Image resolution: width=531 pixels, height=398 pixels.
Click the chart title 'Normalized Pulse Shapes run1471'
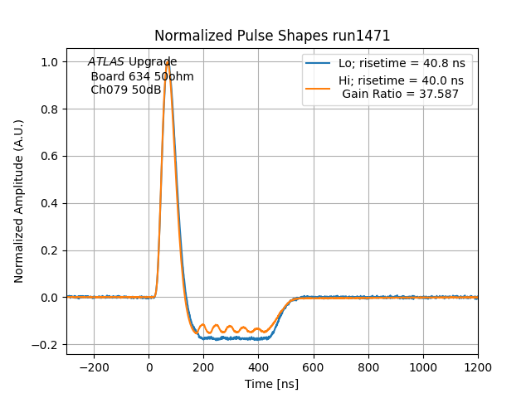[272, 36]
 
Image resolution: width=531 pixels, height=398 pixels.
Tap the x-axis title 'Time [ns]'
[271, 384]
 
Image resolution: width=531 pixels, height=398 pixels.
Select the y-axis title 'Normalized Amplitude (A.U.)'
[19, 201]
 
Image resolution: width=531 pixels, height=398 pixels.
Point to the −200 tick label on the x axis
[94, 366]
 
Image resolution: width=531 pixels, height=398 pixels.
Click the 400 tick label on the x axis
[258, 366]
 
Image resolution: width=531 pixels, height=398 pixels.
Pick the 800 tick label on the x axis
[368, 366]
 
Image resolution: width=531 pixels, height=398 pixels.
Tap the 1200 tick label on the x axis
[477, 366]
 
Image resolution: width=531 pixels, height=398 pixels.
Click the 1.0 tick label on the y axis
[50, 62]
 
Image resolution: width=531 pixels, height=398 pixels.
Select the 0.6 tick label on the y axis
[50, 156]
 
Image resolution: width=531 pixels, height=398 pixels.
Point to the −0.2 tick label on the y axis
[46, 344]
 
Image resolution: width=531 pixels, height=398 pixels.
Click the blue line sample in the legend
[318, 64]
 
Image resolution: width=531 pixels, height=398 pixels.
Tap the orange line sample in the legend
[318, 87]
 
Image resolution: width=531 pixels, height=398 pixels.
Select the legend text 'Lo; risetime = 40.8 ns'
[401, 64]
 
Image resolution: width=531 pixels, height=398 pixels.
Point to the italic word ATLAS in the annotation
[106, 62]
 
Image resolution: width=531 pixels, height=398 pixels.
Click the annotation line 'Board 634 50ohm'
[142, 76]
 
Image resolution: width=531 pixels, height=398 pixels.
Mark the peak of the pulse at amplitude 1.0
[168, 63]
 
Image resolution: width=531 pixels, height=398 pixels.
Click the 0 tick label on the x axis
[149, 366]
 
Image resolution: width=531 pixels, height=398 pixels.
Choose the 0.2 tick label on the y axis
[50, 250]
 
